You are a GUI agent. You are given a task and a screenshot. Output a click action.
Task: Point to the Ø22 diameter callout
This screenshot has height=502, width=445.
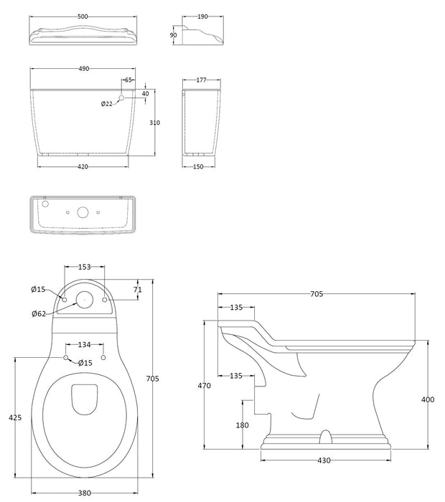click(x=106, y=104)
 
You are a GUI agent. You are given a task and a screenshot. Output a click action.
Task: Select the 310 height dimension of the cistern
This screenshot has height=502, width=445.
click(x=154, y=123)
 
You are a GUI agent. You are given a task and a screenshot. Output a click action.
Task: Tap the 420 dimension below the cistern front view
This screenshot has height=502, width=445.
click(x=83, y=167)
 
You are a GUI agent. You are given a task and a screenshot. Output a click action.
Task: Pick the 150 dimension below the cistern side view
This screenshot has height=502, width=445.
click(x=198, y=167)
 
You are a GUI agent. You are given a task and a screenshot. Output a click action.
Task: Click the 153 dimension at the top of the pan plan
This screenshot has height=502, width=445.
click(x=85, y=267)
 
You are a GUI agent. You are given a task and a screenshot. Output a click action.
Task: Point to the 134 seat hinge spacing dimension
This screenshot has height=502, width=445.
click(x=85, y=344)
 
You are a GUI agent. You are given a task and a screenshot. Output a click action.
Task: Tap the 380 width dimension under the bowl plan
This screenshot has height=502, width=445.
click(x=85, y=493)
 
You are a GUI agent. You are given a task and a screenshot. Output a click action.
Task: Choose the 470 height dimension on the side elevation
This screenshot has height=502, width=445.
click(x=205, y=386)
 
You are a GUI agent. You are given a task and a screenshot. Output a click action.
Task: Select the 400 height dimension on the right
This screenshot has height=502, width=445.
click(x=428, y=399)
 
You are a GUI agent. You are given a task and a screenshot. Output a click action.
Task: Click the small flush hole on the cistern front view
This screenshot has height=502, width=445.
click(x=121, y=98)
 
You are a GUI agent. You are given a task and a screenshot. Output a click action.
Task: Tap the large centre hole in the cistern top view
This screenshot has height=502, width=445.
click(x=83, y=212)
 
